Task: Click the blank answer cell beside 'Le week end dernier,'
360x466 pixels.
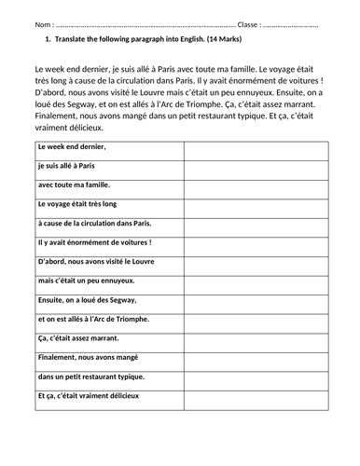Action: [256, 147]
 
